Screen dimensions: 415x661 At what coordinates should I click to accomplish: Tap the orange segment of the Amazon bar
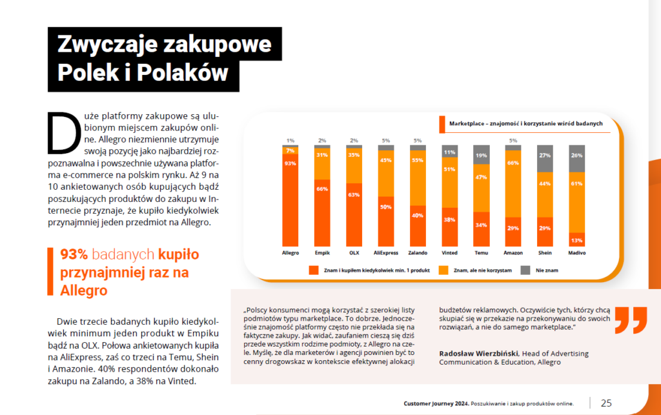point(513,184)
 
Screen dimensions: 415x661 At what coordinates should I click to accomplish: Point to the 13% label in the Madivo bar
point(576,241)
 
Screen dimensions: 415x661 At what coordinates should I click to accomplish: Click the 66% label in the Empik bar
point(322,189)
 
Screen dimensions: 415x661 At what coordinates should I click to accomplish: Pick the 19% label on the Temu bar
point(482,156)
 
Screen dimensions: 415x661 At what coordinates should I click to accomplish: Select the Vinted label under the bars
point(450,253)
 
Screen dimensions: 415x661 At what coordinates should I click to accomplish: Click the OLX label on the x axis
point(354,253)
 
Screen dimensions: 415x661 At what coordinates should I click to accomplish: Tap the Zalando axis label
point(418,253)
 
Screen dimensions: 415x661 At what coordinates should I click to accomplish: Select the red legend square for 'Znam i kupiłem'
point(314,270)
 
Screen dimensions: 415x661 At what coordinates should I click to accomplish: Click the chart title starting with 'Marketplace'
point(525,123)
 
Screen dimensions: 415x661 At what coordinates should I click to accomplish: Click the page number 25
point(606,403)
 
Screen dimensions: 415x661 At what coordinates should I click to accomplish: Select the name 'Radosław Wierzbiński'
point(478,353)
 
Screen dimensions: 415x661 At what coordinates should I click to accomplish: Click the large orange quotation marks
point(630,321)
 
